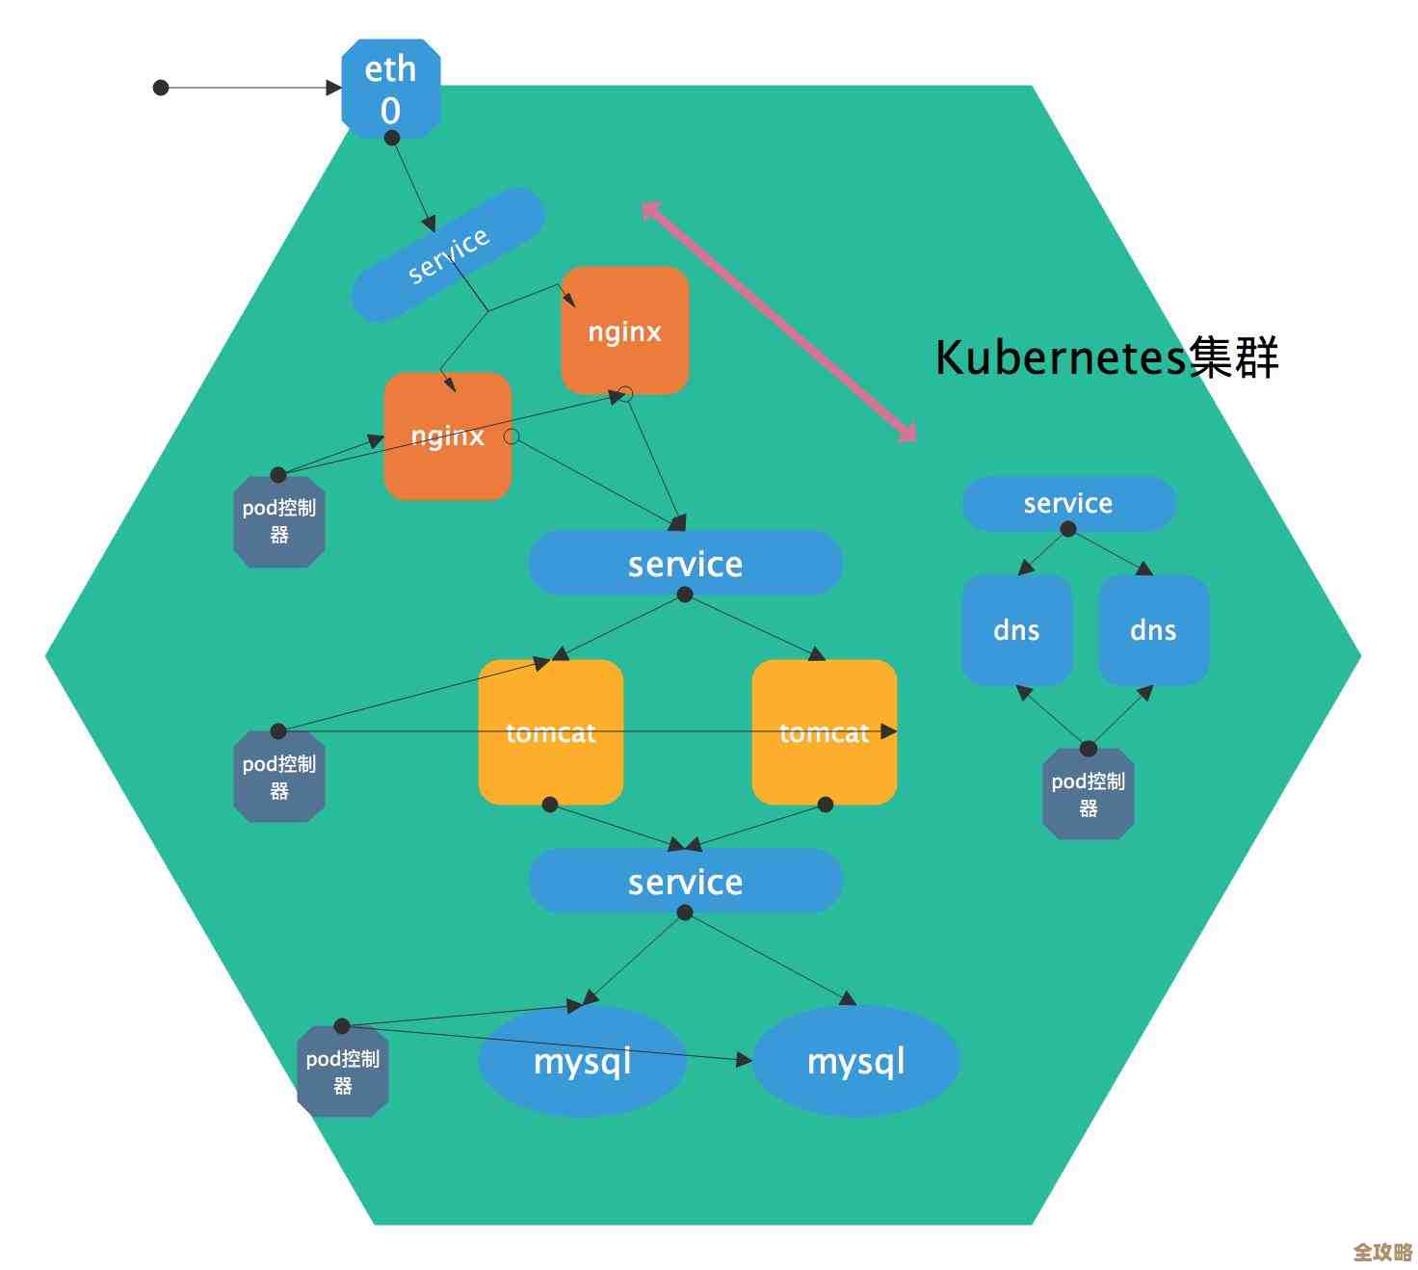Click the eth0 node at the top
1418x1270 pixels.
[391, 89]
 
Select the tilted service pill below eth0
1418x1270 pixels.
[448, 254]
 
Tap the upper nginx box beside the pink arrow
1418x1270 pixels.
[625, 331]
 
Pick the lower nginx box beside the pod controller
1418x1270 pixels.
[447, 437]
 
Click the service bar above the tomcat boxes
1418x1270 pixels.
[685, 564]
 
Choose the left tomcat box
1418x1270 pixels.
[550, 732]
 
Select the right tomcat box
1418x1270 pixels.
[824, 732]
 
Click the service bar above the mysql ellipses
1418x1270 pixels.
[685, 882]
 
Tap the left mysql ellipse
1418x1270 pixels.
[582, 1061]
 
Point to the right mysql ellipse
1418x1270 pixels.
[855, 1061]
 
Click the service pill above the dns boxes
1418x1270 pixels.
[1068, 503]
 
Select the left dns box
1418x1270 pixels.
[1016, 630]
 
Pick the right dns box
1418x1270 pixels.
[1153, 630]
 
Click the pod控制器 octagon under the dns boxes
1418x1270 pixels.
[1089, 794]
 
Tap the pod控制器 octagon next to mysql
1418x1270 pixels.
[343, 1072]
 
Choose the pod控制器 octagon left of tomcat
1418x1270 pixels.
[279, 777]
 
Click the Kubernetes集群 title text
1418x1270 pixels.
[1107, 357]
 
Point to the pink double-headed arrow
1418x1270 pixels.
[778, 322]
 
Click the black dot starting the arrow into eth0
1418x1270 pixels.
[161, 88]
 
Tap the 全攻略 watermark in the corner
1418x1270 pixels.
[1381, 1252]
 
